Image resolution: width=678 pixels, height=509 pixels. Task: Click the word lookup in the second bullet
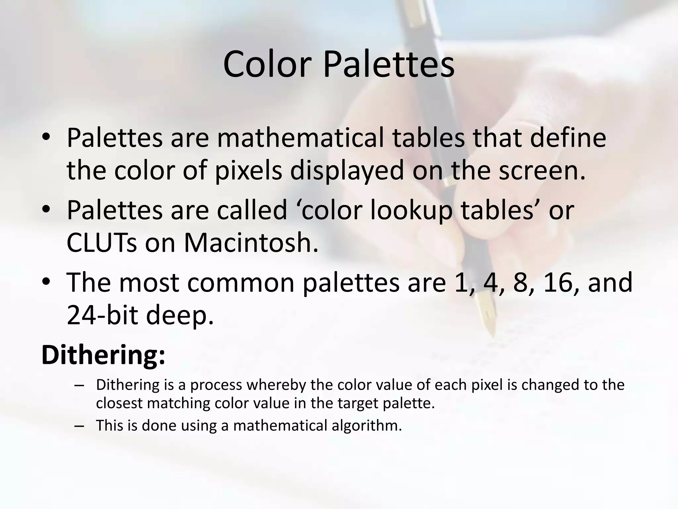[x=411, y=210]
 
